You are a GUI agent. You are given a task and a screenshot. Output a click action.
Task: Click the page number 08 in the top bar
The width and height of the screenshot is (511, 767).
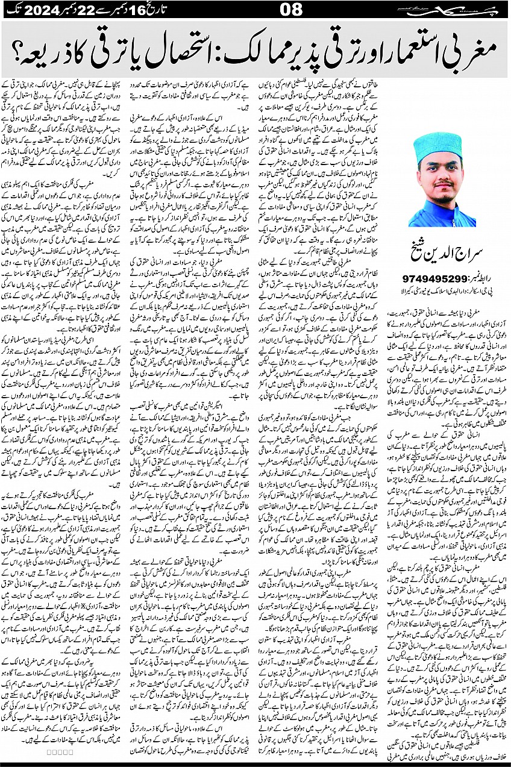click(255, 10)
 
